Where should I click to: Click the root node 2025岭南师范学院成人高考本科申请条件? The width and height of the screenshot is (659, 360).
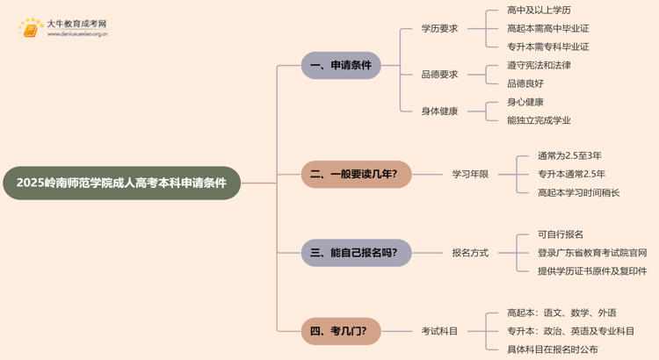(x=121, y=183)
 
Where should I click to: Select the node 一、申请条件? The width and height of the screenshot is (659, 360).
(x=341, y=65)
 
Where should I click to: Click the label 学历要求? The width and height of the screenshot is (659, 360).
(x=439, y=28)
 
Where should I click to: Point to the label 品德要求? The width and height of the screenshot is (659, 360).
(x=439, y=75)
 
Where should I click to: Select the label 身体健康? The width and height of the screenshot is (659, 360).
(x=439, y=112)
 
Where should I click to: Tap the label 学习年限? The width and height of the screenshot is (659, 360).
(x=470, y=174)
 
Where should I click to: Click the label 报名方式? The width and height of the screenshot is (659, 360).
(x=470, y=253)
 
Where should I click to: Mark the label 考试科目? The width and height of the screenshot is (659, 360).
(x=439, y=331)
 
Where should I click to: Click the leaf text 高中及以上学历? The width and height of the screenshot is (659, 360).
(x=539, y=11)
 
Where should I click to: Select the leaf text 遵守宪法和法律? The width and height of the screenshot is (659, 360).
(x=539, y=65)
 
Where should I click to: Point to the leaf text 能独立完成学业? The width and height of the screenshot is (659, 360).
(x=539, y=120)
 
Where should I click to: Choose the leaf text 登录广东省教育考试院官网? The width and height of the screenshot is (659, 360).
(x=592, y=253)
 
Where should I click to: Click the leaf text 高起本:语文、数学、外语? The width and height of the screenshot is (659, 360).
(x=561, y=313)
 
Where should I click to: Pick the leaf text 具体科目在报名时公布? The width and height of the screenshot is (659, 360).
(x=553, y=349)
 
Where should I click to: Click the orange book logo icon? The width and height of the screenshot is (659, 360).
(x=31, y=29)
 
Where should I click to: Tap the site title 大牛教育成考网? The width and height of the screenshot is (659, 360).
(x=76, y=24)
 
